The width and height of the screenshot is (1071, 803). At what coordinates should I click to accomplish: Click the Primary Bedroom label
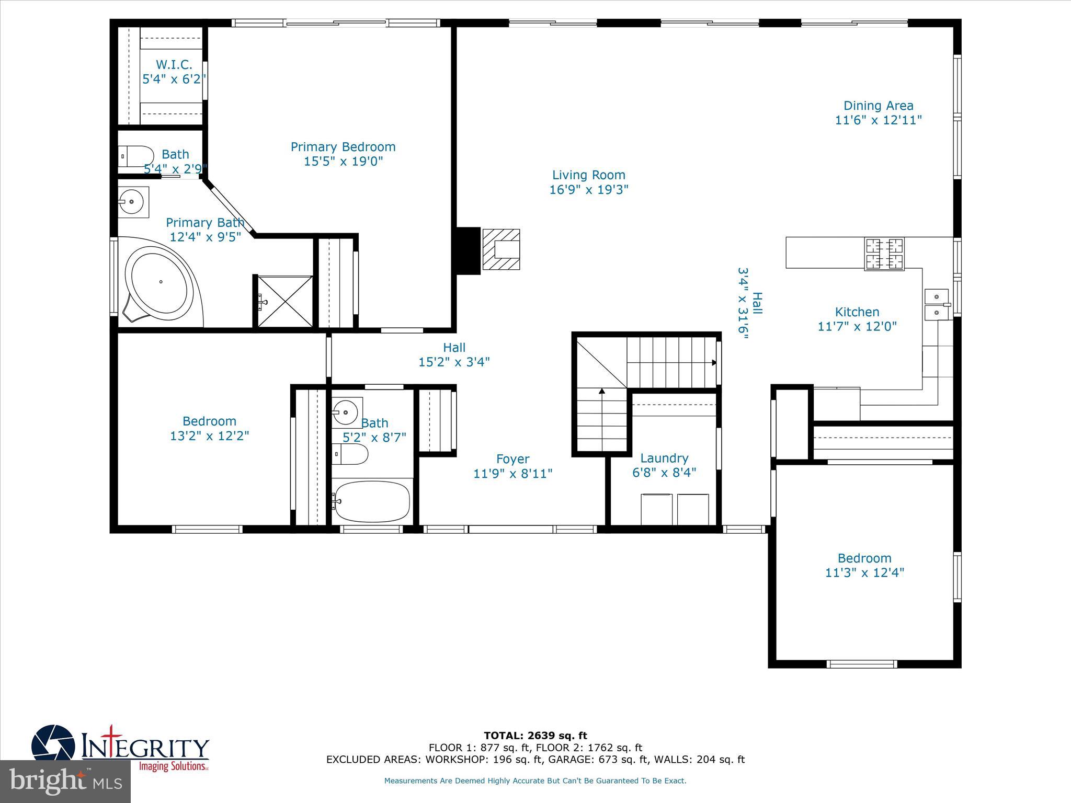coord(343,147)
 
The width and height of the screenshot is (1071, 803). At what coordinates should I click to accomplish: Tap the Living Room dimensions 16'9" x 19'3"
coord(588,189)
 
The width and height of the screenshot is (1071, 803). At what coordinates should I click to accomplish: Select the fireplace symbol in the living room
coord(501,249)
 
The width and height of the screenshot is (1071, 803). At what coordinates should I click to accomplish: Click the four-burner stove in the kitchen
coord(884,254)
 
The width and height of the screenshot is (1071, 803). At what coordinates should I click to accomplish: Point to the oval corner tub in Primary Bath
coord(159,282)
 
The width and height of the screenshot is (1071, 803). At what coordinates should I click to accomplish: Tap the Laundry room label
coord(664,458)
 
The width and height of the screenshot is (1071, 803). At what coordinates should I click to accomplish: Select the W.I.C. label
coord(174,65)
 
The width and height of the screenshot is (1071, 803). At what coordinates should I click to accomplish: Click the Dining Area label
coord(878,106)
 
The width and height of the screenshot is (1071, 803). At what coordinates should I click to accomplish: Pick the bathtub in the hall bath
coord(372,501)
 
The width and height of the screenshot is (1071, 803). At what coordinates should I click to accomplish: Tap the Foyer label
coord(512,459)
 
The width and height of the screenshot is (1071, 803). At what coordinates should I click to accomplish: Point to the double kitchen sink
coord(937,304)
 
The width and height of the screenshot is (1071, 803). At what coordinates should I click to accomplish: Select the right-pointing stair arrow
coord(713,362)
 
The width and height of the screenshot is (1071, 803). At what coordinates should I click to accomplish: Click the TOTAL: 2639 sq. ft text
coord(535,736)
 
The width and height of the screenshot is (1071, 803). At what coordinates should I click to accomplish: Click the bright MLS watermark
coord(65,782)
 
